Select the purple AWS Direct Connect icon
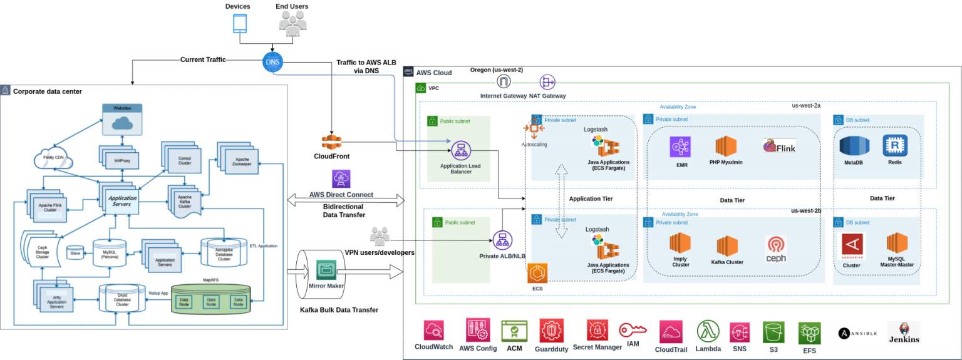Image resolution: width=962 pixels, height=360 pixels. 341,179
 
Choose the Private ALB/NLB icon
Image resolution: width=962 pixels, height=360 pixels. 502,240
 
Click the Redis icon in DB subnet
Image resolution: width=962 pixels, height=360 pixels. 895,145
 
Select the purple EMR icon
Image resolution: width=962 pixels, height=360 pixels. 680,147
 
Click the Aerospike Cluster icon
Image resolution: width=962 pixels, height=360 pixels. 852,246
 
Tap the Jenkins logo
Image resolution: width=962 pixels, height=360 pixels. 903,329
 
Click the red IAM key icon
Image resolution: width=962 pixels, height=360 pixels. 633,330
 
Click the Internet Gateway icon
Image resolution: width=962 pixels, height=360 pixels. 504,82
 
